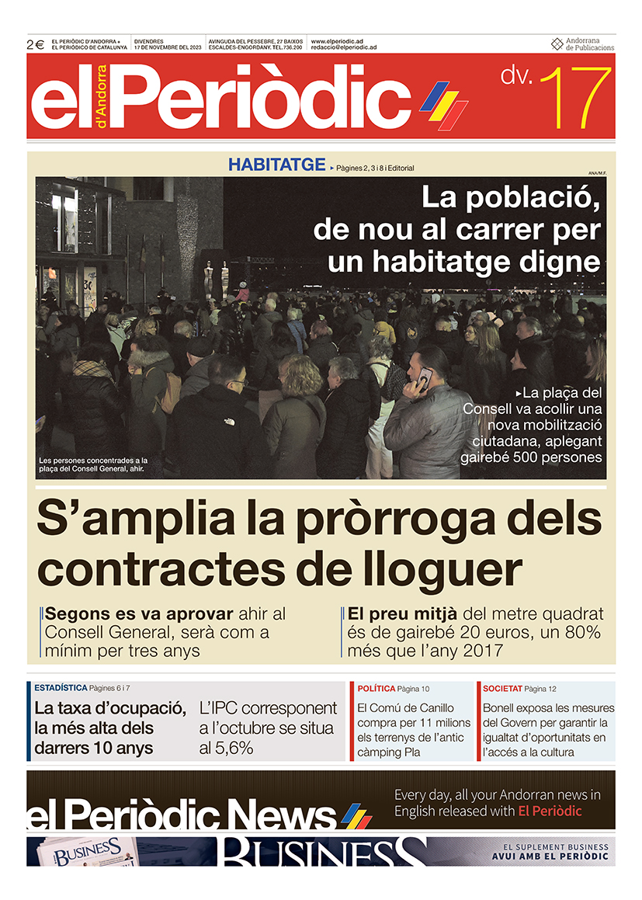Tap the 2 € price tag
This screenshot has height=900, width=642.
click(36, 45)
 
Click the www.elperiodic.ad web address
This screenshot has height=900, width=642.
click(337, 40)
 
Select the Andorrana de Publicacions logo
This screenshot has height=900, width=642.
click(582, 44)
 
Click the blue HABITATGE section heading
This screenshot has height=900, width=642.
click(276, 165)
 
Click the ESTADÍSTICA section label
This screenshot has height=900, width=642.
click(61, 688)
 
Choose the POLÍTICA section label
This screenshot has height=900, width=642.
click(376, 689)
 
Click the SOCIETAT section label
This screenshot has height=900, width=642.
click(501, 689)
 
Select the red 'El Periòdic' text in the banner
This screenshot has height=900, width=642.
click(550, 811)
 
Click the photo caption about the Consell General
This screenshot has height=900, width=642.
click(92, 464)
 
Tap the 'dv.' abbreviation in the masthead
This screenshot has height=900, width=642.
click(516, 76)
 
